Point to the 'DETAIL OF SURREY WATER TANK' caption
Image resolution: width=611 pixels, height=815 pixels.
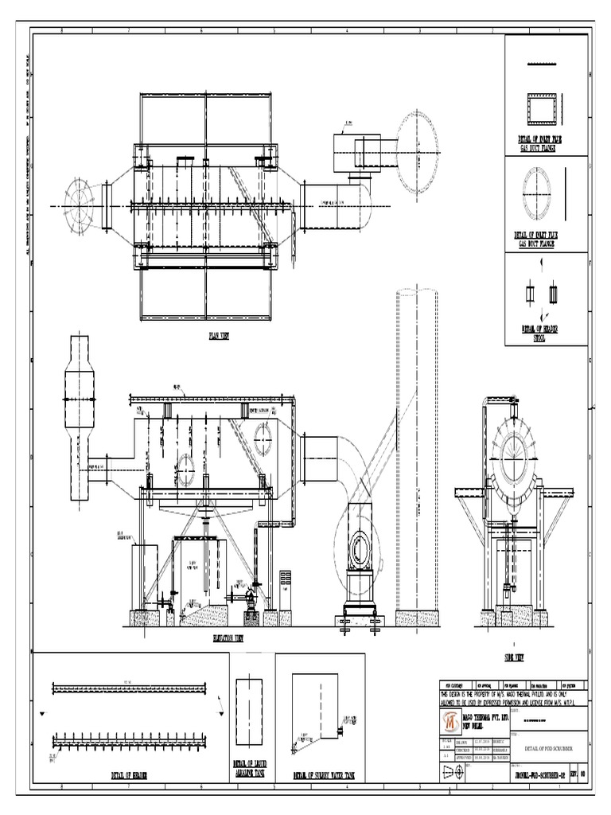point(324,774)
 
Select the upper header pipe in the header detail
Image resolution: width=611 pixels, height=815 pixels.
point(129,687)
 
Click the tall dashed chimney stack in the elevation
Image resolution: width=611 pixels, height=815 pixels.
point(416,446)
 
